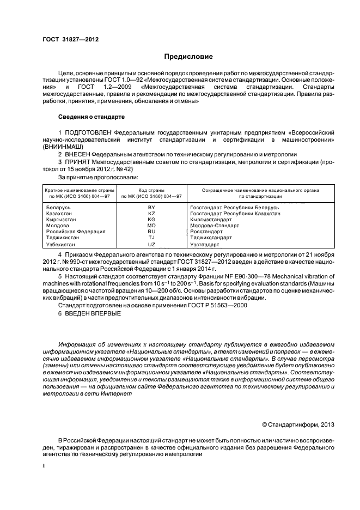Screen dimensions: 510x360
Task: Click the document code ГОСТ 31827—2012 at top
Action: tap(67, 39)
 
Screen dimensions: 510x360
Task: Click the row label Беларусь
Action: tap(58, 208)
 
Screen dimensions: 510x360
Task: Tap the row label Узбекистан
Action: tap(62, 245)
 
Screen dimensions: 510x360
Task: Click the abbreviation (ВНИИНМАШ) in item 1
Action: tap(63, 147)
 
